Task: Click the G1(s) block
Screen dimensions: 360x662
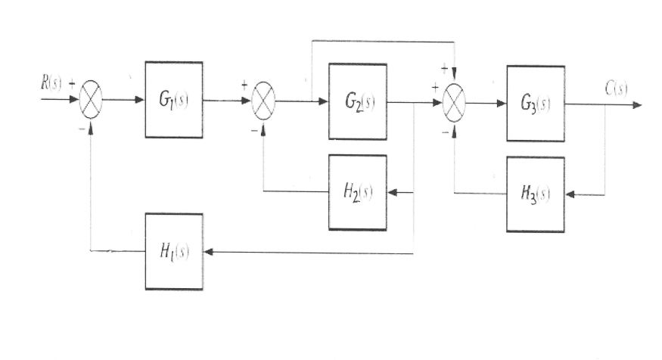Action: pos(173,100)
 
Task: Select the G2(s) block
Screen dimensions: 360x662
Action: pos(357,101)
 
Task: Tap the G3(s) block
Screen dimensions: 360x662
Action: pos(536,104)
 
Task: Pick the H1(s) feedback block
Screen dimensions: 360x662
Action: pos(173,251)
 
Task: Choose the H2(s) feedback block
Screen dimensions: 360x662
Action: pos(357,192)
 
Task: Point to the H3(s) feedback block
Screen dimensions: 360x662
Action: pos(536,194)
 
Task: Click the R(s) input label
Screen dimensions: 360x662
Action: pos(51,84)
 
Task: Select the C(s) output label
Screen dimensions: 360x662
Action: pos(616,88)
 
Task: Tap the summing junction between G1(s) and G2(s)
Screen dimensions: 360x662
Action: pos(263,101)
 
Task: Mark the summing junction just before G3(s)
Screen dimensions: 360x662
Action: pos(454,104)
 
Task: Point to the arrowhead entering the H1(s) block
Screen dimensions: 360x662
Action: pos(208,253)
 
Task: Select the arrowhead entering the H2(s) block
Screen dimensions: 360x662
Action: pos(391,193)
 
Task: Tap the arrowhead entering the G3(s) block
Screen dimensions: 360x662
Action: pos(501,104)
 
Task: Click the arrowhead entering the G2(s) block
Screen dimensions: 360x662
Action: pos(323,101)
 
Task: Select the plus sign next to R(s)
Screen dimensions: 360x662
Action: pos(73,85)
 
